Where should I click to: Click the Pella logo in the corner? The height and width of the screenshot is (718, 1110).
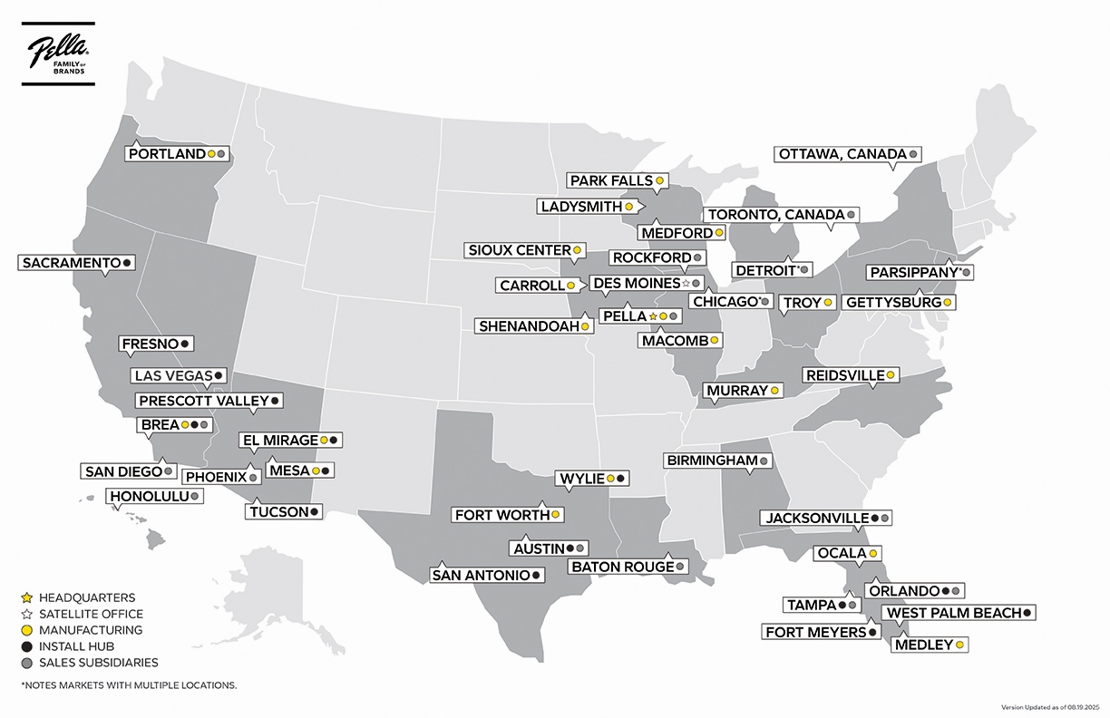[x=56, y=56]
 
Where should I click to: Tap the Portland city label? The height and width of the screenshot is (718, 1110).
[x=168, y=154]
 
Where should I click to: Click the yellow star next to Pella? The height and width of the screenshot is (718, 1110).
[x=653, y=316]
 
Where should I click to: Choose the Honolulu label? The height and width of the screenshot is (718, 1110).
[x=149, y=497]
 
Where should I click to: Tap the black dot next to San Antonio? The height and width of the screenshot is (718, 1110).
[x=537, y=575]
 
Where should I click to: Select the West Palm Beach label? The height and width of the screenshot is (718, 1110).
[x=953, y=613]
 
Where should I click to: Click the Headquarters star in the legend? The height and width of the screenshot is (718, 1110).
[x=26, y=598]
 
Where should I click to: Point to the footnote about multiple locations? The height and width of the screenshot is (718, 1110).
[x=128, y=685]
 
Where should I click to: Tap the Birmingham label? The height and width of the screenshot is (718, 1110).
[x=712, y=461]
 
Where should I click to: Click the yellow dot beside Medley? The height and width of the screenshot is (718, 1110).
[x=959, y=645]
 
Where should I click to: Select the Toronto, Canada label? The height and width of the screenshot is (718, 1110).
[x=775, y=215]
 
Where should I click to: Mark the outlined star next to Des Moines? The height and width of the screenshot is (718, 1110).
[x=686, y=283]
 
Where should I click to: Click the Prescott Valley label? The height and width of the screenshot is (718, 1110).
[x=203, y=400]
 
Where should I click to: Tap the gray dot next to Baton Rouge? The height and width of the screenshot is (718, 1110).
[x=680, y=567]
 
